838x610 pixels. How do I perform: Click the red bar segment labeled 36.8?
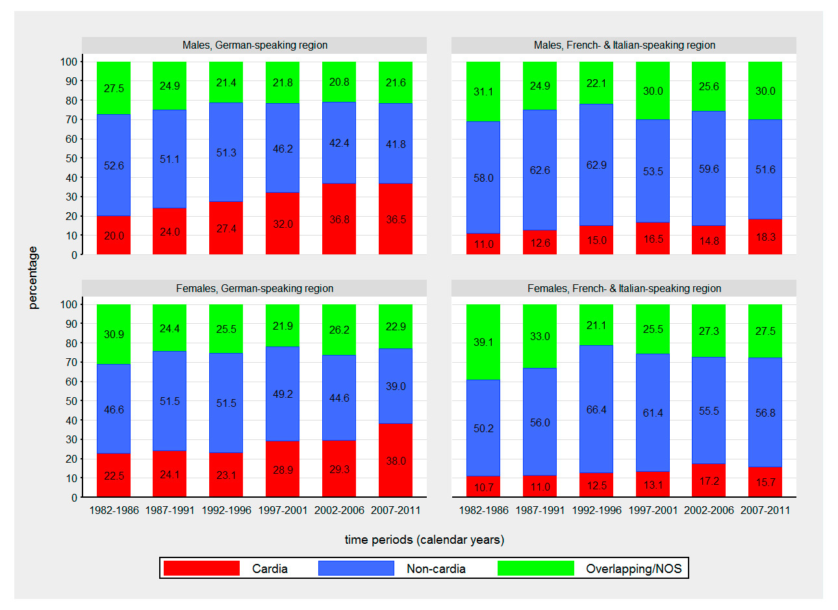[339, 219]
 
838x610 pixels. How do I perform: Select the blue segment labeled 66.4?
[596, 409]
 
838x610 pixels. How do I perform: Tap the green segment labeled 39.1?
[483, 342]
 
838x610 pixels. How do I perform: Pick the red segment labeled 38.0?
[396, 460]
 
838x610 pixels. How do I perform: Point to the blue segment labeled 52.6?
[114, 165]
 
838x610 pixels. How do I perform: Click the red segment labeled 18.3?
[765, 237]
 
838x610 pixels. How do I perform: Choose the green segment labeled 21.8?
[283, 82]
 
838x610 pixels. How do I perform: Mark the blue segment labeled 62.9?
[596, 165]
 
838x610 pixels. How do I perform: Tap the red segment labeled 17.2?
[709, 481]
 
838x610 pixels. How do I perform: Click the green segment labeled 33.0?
[540, 336]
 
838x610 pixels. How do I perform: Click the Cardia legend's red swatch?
[201, 568]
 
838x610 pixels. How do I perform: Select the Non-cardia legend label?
[436, 568]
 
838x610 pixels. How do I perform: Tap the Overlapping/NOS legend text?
[633, 568]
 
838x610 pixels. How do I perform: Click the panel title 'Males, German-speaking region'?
[255, 45]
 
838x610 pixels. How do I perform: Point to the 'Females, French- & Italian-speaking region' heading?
[624, 288]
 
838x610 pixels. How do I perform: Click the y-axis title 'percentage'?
[33, 278]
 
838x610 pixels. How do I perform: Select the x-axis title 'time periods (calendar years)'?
[424, 539]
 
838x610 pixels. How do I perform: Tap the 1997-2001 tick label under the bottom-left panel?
[283, 510]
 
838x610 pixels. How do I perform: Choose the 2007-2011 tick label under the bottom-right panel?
[765, 510]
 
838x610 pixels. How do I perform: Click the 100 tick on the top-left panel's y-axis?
[69, 62]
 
